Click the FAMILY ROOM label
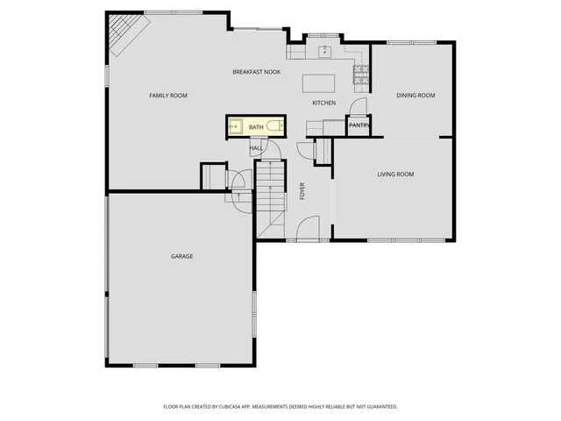168,96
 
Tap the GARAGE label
181,256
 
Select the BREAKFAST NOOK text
256,71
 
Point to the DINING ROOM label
415,96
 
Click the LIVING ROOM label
395,175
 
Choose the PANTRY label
359,125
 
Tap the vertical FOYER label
302,191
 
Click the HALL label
256,148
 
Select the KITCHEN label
324,103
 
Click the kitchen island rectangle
319,83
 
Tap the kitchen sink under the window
325,50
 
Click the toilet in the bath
274,127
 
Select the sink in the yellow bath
235,127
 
